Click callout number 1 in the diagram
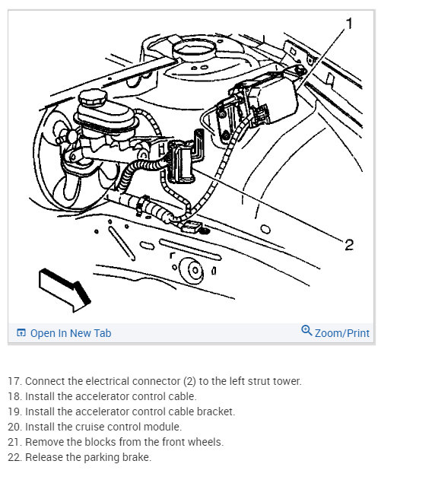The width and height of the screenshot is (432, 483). pyautogui.click(x=349, y=24)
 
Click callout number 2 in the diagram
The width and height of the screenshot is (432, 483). pyautogui.click(x=349, y=245)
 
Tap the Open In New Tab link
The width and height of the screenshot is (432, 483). pyautogui.click(x=71, y=333)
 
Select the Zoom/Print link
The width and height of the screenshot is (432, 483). pyautogui.click(x=341, y=333)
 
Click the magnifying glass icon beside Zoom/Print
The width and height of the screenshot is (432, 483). pyautogui.click(x=307, y=330)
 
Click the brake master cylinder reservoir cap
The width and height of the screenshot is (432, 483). pyautogui.click(x=92, y=97)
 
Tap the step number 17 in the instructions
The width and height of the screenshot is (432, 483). pyautogui.click(x=15, y=381)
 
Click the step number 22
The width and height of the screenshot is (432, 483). pyautogui.click(x=15, y=457)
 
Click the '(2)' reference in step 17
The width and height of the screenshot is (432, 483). pyautogui.click(x=189, y=381)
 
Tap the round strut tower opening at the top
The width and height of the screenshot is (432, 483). pyautogui.click(x=193, y=49)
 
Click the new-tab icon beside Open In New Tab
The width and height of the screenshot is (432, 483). pyautogui.click(x=21, y=332)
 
